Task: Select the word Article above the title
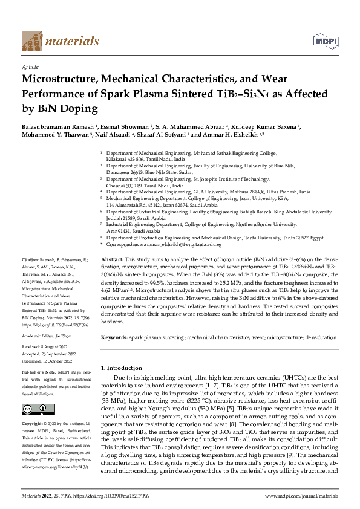(30, 68)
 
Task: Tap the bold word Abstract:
(112, 258)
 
